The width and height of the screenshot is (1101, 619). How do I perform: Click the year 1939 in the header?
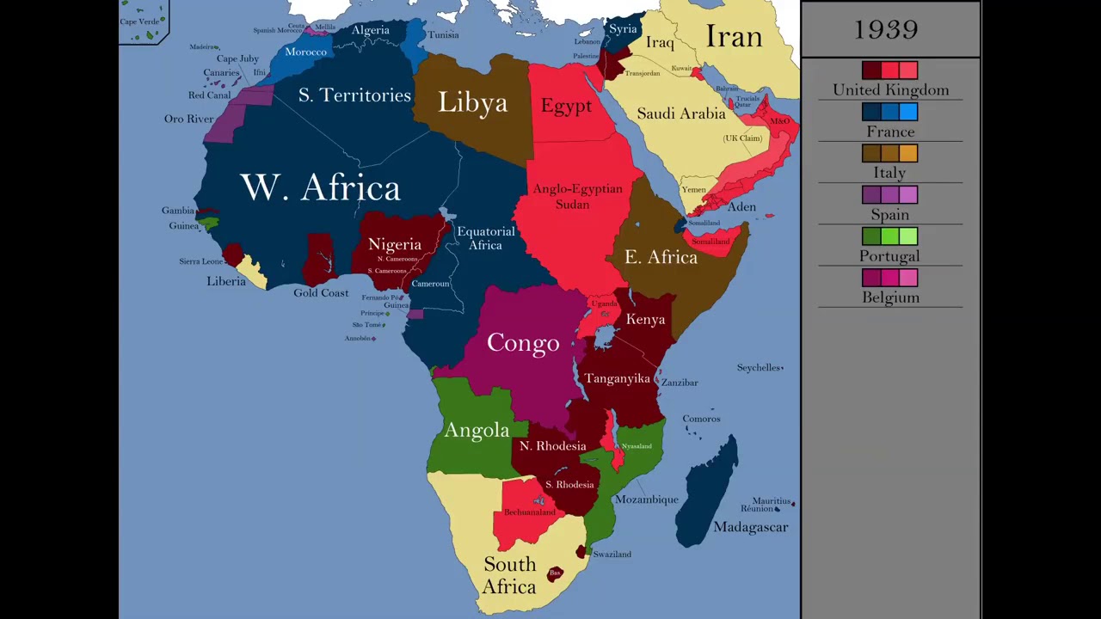pos(886,29)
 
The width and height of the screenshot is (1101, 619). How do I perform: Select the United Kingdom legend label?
pos(890,89)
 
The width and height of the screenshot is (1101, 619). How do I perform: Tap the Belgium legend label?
pos(890,297)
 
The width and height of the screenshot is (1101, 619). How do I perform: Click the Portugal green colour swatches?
pos(889,236)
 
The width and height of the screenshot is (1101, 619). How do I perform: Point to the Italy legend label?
pos(889,173)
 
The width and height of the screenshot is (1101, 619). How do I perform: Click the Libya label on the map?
pos(472,103)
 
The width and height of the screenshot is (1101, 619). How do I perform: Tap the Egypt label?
pos(566,106)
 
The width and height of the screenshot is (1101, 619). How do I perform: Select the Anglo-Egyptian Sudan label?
pos(577,196)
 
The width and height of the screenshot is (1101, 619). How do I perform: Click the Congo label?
pos(523,343)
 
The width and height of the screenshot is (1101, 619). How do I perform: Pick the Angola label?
pos(477,430)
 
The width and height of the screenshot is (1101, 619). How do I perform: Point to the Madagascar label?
pos(750,527)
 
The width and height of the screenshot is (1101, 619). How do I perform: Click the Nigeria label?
pos(395,244)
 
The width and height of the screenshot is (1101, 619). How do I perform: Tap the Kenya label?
pos(645,319)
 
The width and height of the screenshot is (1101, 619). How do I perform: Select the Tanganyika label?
pos(617,378)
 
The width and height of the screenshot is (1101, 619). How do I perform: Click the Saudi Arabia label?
pos(681,113)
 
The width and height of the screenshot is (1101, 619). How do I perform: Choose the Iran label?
pos(734,37)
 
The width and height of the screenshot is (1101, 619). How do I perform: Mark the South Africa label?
pos(509,575)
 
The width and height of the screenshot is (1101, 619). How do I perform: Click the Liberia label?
pos(226,281)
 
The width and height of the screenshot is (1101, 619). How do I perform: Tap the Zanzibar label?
pos(680,383)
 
